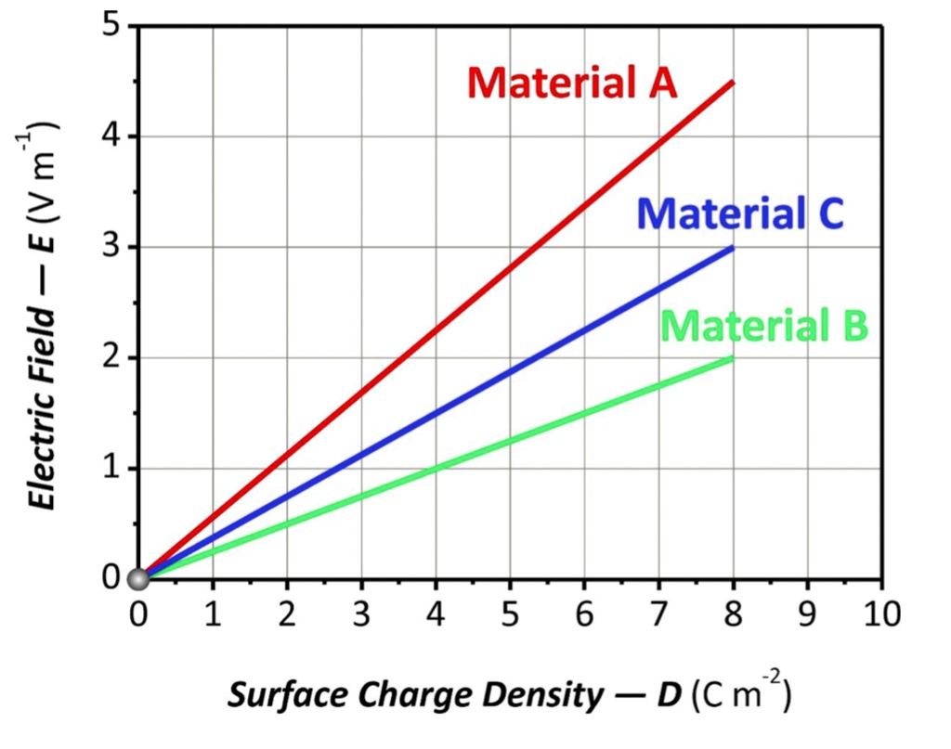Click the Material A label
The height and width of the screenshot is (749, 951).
pyautogui.click(x=572, y=84)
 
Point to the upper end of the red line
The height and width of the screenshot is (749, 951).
pyautogui.click(x=733, y=83)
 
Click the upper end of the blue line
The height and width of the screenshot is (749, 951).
pyautogui.click(x=733, y=248)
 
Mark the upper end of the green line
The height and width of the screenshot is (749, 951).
pyautogui.click(x=733, y=358)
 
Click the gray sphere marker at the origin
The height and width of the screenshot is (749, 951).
pyautogui.click(x=138, y=580)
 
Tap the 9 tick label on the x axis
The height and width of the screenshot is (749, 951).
pyautogui.click(x=807, y=613)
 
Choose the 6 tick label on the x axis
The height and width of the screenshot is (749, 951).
pyautogui.click(x=584, y=613)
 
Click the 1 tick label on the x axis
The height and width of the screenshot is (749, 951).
pyautogui.click(x=213, y=613)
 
